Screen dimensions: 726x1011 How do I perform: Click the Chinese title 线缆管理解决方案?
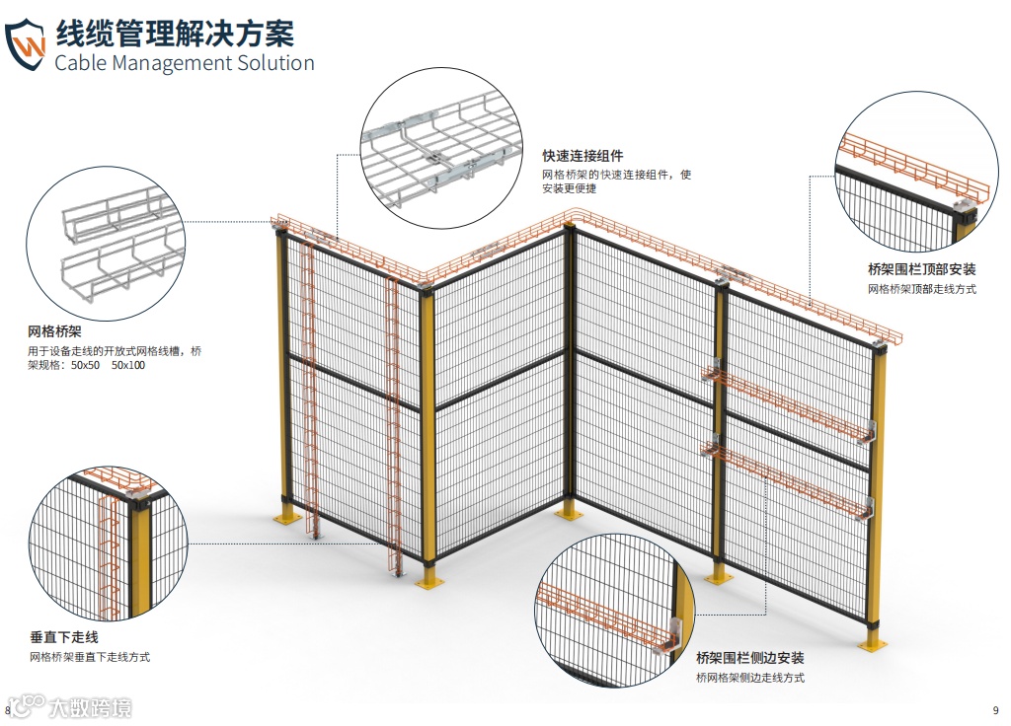pos(175,32)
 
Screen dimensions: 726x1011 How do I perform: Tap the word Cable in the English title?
pos(84,64)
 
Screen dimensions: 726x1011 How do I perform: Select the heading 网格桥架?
pos(54,331)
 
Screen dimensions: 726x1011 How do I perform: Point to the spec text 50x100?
pos(128,366)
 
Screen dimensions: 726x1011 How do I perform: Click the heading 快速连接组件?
pos(583,156)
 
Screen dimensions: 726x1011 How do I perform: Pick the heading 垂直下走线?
pos(64,637)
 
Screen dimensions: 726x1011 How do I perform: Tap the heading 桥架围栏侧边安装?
pos(749,658)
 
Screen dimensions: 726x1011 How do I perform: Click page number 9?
pos(995,710)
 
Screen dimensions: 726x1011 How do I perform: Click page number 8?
pos(9,710)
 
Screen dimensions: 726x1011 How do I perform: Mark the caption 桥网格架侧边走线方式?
pos(749,678)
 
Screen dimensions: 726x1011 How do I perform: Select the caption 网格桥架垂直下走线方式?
pos(90,657)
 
